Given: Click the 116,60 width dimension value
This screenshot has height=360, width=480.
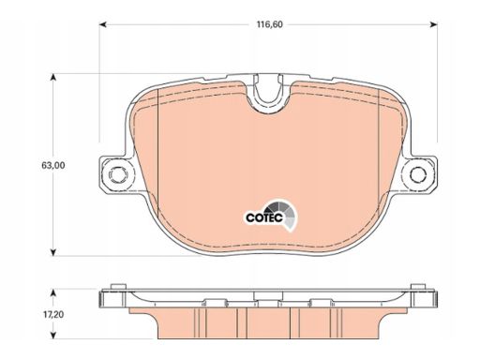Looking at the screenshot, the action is click(270, 24).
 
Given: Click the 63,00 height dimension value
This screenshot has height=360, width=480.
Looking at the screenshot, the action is click(53, 165).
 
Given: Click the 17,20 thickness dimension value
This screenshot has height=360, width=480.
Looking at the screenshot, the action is click(53, 314).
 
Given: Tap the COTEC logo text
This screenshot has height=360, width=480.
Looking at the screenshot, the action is click(264, 217).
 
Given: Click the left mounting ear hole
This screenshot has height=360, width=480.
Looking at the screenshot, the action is click(116, 174).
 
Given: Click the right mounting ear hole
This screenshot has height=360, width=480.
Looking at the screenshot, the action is click(418, 174).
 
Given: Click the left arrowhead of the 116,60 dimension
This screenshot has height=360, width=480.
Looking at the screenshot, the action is click(103, 24).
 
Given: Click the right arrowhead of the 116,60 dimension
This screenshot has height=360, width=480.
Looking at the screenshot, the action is click(433, 24).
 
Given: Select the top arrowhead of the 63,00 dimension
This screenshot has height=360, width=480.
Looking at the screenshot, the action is click(53, 77).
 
